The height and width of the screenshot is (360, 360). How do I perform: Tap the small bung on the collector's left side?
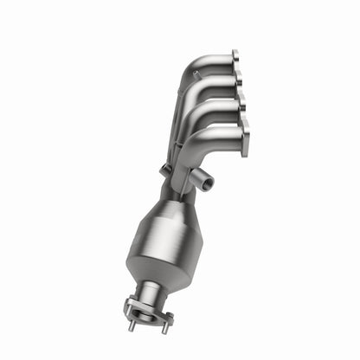pyautogui.click(x=164, y=170)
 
